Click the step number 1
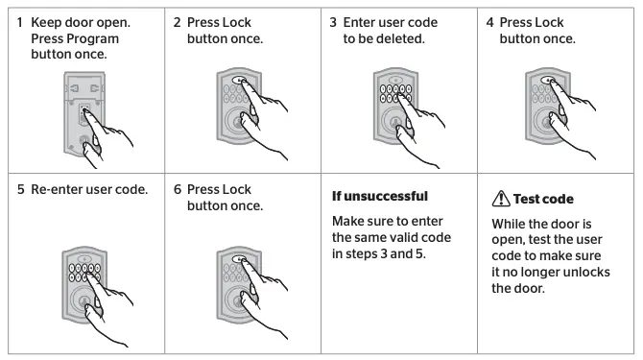[20, 22]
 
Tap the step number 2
[178, 22]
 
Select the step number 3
[333, 22]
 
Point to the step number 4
[489, 22]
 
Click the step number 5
[20, 189]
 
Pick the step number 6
[178, 189]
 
